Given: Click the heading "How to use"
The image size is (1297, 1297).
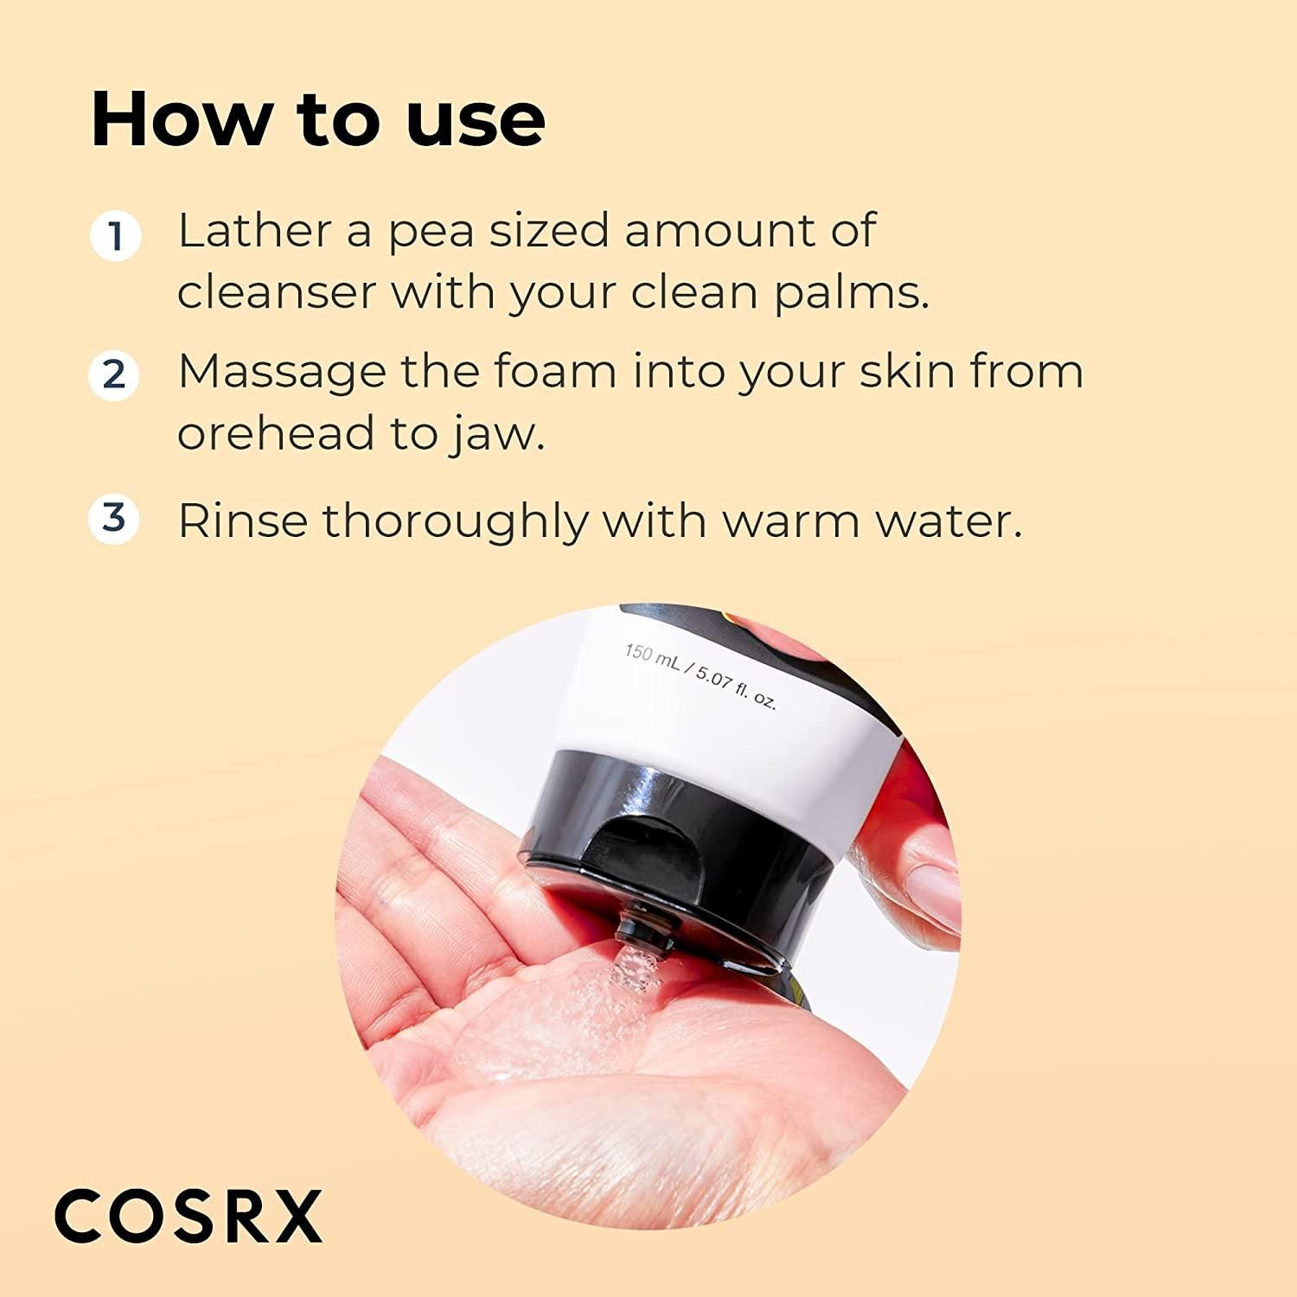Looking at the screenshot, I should pos(318,119).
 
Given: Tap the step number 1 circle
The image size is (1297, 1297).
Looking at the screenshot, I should pos(115,235).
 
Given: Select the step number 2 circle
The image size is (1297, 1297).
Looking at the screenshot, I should pos(114,375).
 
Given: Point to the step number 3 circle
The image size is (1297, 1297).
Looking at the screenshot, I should pos(114,519).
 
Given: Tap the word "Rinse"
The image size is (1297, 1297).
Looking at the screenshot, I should pos(242,521).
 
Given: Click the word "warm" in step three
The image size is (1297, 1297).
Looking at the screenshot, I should pos(777,521).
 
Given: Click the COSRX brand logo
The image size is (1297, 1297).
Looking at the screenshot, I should pos(188,1216).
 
